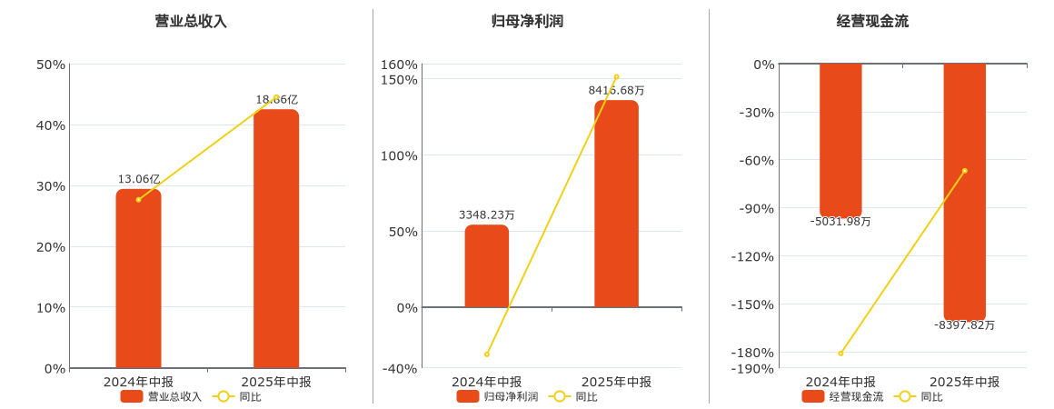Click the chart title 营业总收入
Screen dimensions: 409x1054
click(x=191, y=21)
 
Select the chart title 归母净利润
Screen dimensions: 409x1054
click(x=527, y=21)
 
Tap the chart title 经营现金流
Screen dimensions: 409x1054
click(x=872, y=21)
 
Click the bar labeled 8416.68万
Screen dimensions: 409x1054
click(x=616, y=204)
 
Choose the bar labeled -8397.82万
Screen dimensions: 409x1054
click(x=964, y=191)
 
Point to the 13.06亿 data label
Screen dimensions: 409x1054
click(x=138, y=179)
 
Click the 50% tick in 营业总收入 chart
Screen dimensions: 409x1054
click(x=51, y=65)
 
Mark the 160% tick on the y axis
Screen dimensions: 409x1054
click(x=400, y=65)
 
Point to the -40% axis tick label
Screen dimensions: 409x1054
click(x=400, y=368)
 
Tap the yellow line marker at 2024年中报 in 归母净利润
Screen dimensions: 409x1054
click(x=487, y=354)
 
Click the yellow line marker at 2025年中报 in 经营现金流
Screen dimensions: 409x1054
click(x=964, y=171)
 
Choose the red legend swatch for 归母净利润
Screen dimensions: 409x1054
click(x=468, y=396)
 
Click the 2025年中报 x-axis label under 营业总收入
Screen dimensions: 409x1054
click(x=276, y=382)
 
